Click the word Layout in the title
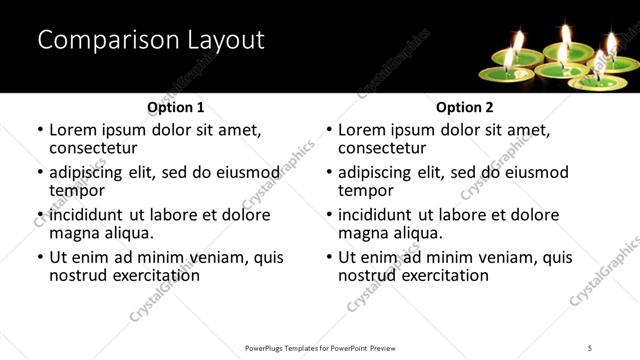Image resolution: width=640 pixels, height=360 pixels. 224,40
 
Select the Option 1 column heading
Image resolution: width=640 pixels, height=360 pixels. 176,106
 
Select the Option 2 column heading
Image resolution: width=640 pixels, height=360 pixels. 465,106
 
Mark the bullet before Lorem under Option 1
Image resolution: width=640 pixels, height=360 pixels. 40,130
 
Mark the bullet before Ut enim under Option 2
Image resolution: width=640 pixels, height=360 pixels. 329,257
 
